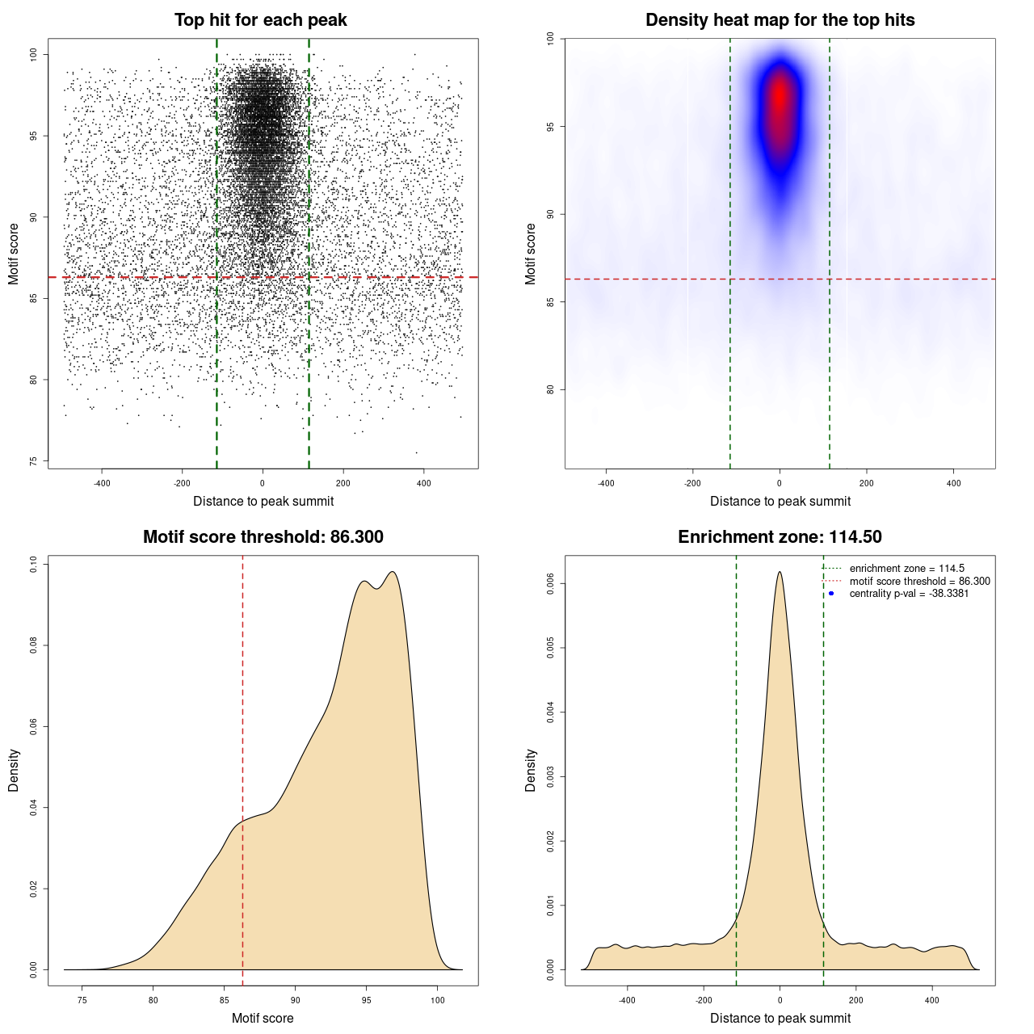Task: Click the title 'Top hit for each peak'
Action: [260, 20]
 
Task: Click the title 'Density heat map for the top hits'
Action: [780, 20]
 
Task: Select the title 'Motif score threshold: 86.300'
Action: [263, 537]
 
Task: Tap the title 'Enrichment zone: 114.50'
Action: [780, 537]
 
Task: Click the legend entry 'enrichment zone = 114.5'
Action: [906, 569]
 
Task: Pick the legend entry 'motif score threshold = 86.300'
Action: [919, 582]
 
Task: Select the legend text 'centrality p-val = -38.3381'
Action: [909, 594]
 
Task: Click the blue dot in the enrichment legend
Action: [831, 594]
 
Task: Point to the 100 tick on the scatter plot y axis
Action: [33, 54]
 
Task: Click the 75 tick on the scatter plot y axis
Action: [33, 461]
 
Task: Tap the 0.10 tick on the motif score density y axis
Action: [33, 564]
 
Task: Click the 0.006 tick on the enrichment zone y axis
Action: [550, 583]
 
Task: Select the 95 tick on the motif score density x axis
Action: [367, 1000]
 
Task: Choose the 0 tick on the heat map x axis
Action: [780, 483]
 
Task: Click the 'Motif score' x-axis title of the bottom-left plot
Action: [263, 1018]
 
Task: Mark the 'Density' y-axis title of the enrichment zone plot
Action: [531, 770]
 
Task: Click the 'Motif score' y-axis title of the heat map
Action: [531, 254]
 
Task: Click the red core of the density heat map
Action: [780, 101]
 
